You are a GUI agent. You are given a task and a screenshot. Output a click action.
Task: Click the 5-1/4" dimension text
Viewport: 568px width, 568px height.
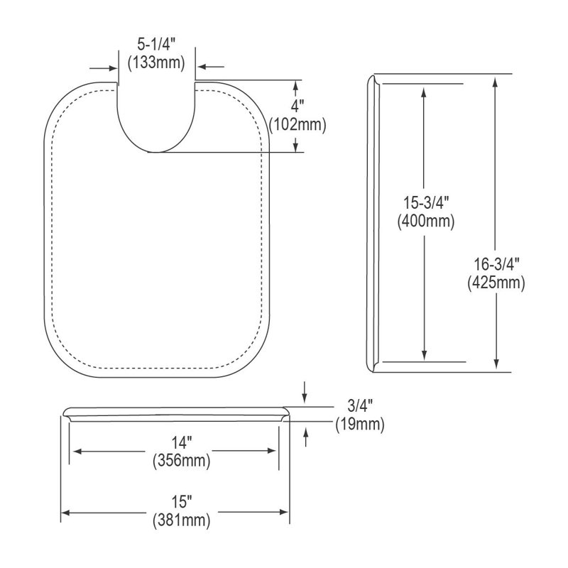click(156, 45)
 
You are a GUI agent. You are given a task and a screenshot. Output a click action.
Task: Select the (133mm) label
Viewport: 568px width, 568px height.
click(156, 62)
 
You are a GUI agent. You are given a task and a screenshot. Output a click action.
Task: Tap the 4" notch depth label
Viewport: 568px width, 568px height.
click(297, 106)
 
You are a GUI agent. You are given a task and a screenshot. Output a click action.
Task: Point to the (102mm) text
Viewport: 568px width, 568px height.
click(297, 125)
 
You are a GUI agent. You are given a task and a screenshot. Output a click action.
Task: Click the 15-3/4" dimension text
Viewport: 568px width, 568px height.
click(426, 202)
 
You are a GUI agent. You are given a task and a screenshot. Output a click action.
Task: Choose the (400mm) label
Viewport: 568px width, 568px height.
click(426, 221)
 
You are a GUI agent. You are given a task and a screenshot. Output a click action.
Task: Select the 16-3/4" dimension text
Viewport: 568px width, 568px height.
click(496, 264)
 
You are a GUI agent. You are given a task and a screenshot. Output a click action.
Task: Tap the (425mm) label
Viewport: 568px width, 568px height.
click(496, 282)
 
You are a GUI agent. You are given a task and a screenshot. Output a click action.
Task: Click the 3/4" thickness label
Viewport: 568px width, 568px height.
click(360, 405)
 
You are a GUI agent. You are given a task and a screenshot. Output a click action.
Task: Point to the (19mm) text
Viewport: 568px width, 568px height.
click(360, 424)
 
